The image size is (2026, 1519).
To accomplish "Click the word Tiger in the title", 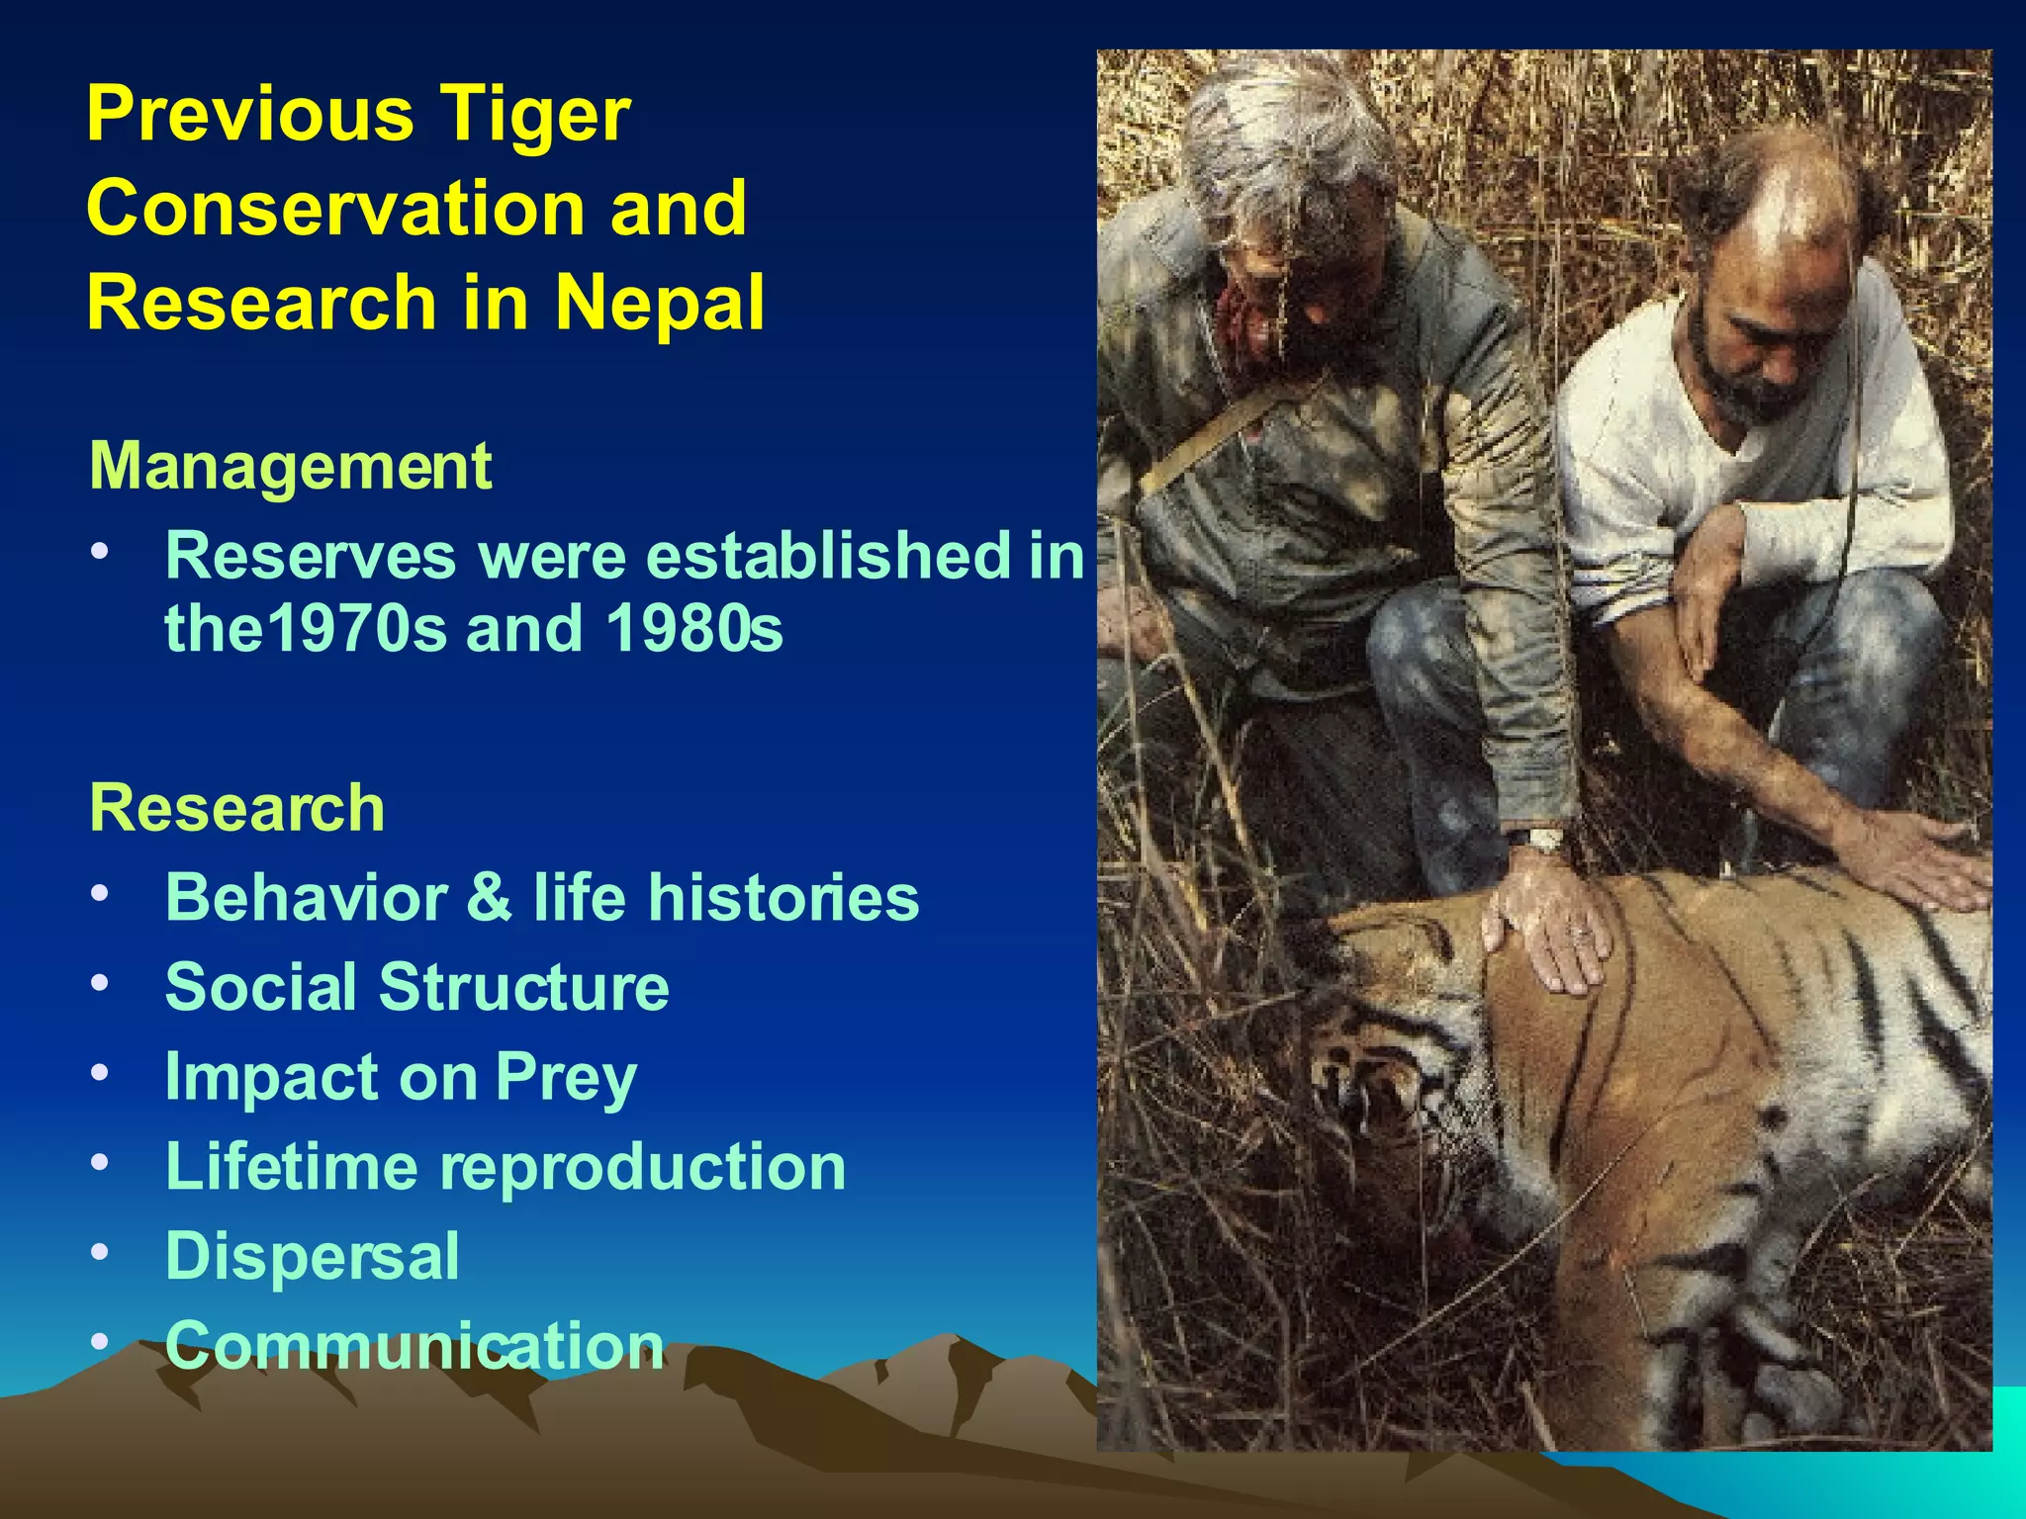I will [535, 115].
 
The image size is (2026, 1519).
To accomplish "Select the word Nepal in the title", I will [660, 303].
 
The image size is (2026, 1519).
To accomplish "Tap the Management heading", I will [290, 466].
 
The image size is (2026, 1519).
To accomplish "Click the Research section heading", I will [236, 808].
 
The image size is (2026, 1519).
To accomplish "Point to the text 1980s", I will [694, 628].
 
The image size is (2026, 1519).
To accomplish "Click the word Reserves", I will [311, 556].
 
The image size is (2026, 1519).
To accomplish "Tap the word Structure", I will [524, 987].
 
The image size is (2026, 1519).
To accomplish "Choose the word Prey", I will [566, 1077].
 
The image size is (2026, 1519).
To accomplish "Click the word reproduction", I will [643, 1167].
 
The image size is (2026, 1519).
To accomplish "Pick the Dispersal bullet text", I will [312, 1256].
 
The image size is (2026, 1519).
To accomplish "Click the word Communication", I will [414, 1346].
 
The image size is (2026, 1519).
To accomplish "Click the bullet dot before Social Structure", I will [99, 984].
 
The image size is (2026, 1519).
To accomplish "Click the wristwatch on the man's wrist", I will [1539, 842].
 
